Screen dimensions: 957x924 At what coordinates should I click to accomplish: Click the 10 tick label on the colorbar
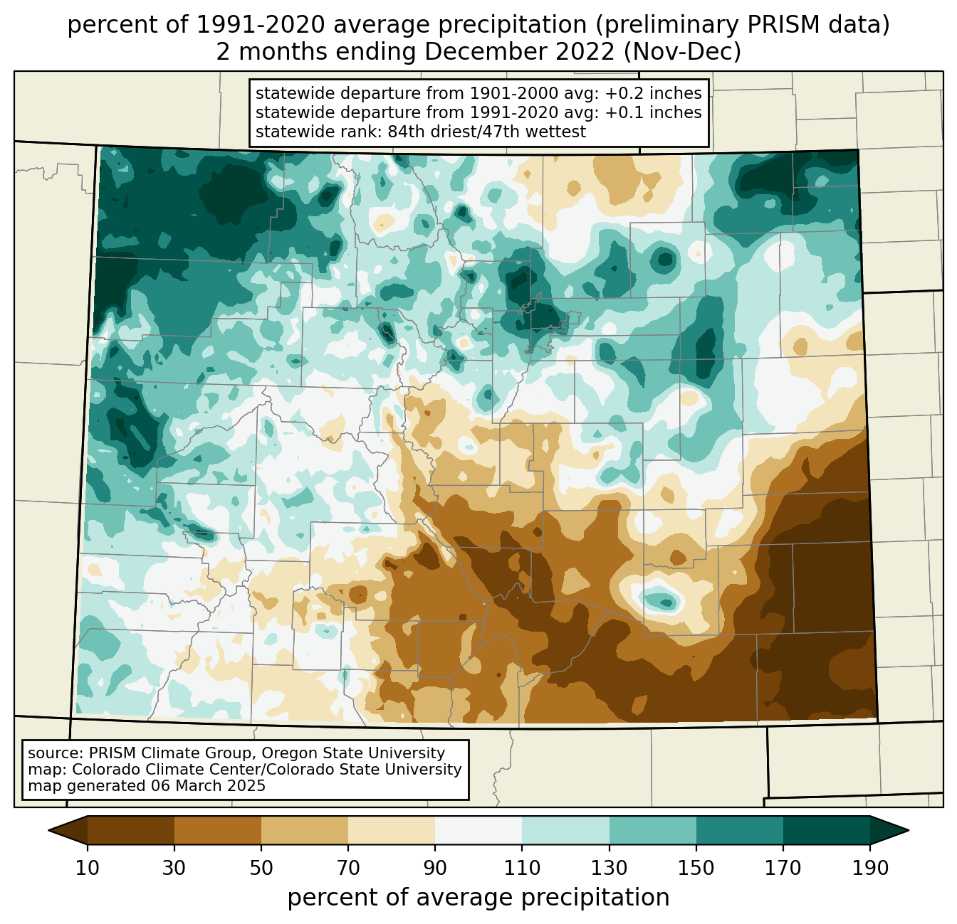coord(87,868)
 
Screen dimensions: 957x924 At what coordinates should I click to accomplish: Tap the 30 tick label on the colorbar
coord(174,868)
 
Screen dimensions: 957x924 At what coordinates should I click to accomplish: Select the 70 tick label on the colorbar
coord(348,868)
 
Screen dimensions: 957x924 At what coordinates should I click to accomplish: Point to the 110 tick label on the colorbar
coord(522,868)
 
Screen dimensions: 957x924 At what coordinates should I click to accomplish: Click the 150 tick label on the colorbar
coord(696,868)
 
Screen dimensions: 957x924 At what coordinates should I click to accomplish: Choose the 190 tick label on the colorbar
coord(870,868)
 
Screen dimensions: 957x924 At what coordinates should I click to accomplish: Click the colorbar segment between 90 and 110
coord(478,830)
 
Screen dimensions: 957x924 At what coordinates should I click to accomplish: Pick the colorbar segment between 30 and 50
coord(217,830)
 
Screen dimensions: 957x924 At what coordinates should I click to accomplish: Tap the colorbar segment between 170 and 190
coord(826,830)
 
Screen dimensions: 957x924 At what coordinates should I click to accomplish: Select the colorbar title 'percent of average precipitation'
coord(478,898)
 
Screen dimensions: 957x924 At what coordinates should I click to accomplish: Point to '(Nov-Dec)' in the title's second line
coord(682,52)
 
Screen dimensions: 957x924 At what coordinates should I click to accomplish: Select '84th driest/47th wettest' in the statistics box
coord(487,132)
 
